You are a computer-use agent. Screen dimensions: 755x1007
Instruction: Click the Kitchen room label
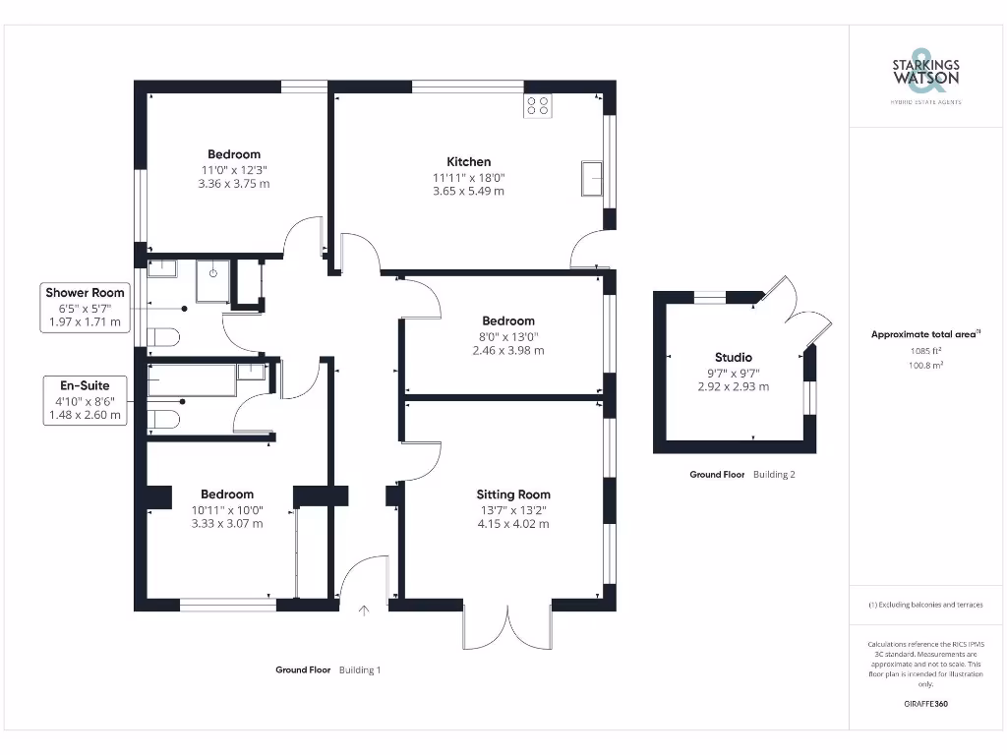click(468, 161)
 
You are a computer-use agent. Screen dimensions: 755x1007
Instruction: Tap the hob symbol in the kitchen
click(538, 105)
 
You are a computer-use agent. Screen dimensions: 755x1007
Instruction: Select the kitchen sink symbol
click(593, 178)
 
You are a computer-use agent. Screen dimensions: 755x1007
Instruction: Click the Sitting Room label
click(513, 494)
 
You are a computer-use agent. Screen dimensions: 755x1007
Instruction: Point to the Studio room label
click(733, 357)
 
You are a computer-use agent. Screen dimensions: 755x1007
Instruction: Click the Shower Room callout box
click(85, 307)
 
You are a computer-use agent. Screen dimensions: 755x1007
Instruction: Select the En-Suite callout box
click(85, 400)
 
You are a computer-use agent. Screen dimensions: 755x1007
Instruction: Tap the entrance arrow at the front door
click(364, 611)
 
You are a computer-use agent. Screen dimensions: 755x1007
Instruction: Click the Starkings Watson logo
click(925, 75)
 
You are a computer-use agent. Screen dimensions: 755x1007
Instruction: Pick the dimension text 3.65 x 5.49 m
click(468, 191)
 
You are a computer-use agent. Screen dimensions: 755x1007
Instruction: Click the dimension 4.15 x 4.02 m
click(513, 524)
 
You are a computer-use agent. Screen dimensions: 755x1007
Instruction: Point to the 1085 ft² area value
click(925, 350)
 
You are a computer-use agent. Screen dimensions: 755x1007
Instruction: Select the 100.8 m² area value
click(925, 364)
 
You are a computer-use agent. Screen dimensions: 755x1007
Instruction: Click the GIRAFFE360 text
click(925, 704)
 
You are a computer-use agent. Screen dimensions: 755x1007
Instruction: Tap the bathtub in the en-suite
click(191, 380)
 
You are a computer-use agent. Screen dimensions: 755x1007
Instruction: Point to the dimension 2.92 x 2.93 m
click(733, 386)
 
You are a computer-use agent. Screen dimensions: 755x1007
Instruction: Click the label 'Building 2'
click(774, 475)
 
